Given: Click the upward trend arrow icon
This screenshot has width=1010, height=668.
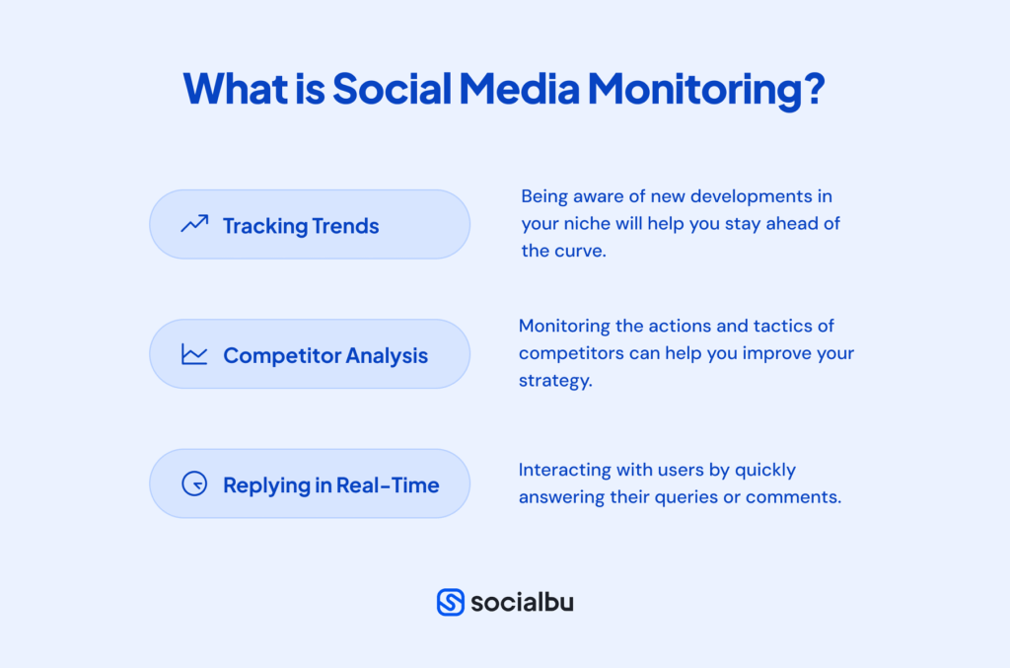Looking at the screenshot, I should (194, 225).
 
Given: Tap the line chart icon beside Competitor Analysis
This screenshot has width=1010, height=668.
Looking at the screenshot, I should (194, 354).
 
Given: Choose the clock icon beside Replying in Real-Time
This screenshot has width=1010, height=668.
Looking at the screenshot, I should (194, 484).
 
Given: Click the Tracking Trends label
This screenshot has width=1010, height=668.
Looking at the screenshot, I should (301, 226).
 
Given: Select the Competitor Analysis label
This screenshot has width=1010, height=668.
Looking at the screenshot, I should (325, 355).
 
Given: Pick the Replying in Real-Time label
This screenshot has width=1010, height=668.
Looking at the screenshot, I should (330, 485).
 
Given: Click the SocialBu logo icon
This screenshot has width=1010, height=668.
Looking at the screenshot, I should (451, 602).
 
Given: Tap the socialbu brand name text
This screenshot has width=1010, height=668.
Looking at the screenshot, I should (522, 602).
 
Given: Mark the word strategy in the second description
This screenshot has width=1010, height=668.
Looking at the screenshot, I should (554, 381).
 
